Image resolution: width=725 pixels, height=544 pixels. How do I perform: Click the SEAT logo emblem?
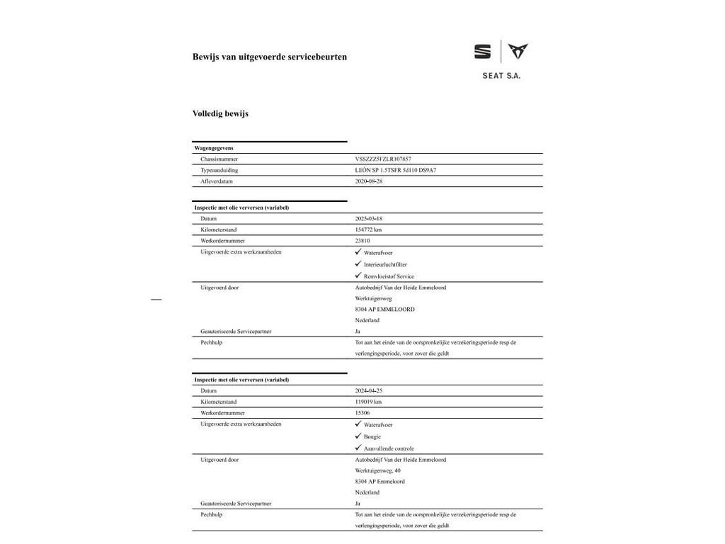click(x=482, y=52)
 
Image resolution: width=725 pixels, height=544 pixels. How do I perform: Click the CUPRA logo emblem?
click(x=518, y=51)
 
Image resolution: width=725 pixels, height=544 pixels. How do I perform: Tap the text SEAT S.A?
click(x=501, y=75)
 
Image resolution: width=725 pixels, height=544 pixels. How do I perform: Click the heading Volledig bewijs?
click(x=220, y=113)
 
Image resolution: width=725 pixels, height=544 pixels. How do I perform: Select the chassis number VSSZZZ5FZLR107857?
click(x=383, y=159)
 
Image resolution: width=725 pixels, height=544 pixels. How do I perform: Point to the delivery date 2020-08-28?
click(x=369, y=181)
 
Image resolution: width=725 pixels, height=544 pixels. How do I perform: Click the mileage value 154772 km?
click(x=368, y=229)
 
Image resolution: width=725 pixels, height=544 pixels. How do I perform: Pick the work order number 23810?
click(x=362, y=241)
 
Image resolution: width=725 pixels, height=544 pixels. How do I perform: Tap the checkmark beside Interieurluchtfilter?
click(x=358, y=263)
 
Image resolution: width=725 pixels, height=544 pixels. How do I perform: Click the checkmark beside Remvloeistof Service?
click(x=358, y=276)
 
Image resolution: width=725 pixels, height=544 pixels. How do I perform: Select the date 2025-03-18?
click(x=369, y=219)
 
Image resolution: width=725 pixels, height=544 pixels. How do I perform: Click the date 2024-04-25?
click(x=369, y=391)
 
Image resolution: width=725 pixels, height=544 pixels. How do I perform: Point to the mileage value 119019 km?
click(x=368, y=402)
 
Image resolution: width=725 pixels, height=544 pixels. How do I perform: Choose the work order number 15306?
click(x=362, y=413)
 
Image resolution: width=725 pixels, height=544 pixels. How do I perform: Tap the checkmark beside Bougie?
click(x=358, y=436)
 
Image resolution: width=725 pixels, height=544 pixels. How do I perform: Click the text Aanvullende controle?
click(x=389, y=448)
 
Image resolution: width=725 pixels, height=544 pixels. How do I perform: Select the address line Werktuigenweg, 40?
click(x=377, y=470)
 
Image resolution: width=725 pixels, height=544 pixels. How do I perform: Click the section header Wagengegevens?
click(x=214, y=148)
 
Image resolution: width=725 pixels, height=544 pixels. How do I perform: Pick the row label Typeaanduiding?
click(x=219, y=170)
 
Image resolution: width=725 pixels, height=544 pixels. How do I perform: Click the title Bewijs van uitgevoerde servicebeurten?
click(x=270, y=57)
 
